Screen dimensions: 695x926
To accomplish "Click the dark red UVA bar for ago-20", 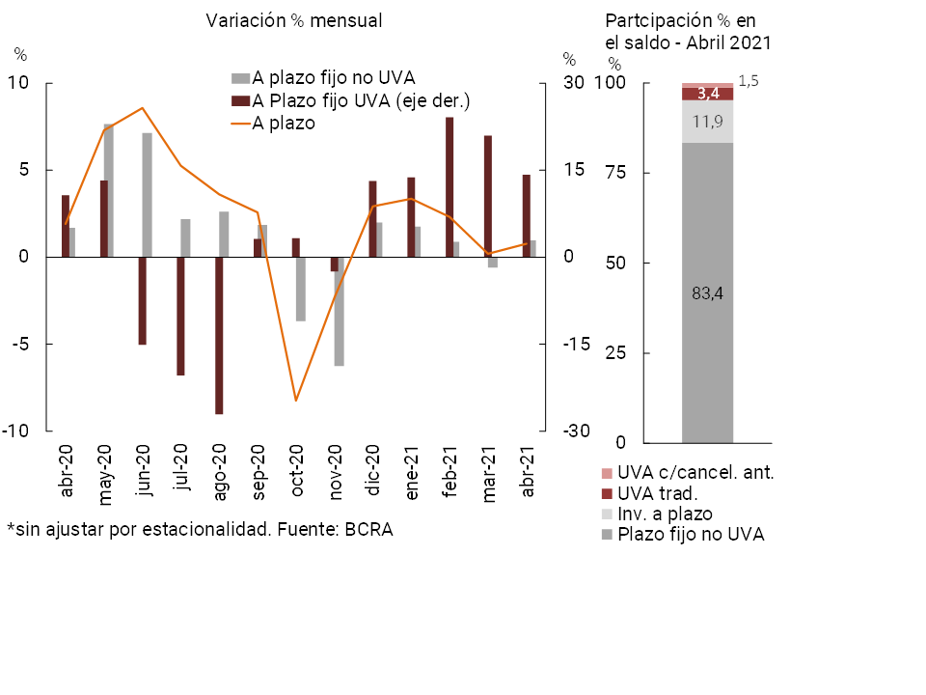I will coord(219,335).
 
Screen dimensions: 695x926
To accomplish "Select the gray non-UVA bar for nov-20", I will coord(340,311).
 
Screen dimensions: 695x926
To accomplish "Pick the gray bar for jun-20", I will coord(147,195).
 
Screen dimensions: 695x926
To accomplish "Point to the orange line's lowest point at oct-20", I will coord(296,400).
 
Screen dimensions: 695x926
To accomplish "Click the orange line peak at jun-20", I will coord(142,108).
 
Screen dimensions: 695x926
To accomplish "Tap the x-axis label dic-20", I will coord(374,476).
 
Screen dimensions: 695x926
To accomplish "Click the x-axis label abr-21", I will coord(528,474).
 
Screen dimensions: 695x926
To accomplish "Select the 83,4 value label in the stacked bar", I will coord(707,294).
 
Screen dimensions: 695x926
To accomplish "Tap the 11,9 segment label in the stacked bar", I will coord(707,122).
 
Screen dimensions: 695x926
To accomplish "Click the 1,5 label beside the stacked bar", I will coord(748,81).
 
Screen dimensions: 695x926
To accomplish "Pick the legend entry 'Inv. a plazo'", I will coord(665,514).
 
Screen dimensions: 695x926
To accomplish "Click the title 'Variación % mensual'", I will coord(294,21).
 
